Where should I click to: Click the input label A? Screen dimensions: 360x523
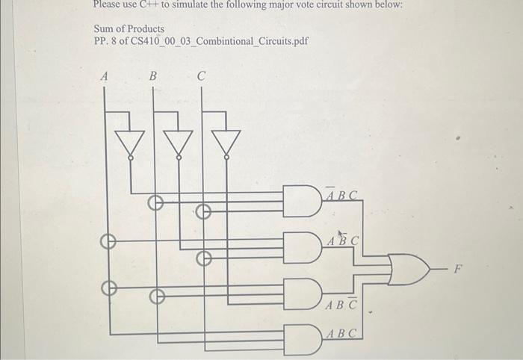[104, 75]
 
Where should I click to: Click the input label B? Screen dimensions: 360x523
[152, 75]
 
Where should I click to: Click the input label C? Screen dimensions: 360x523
[201, 75]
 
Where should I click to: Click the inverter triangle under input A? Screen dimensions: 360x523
[130, 142]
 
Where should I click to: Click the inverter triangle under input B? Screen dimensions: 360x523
[178, 142]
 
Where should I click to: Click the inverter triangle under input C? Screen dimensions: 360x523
[226, 142]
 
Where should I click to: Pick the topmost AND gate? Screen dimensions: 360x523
[302, 201]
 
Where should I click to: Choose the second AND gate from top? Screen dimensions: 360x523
[302, 243]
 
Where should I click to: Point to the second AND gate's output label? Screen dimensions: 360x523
[344, 240]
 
